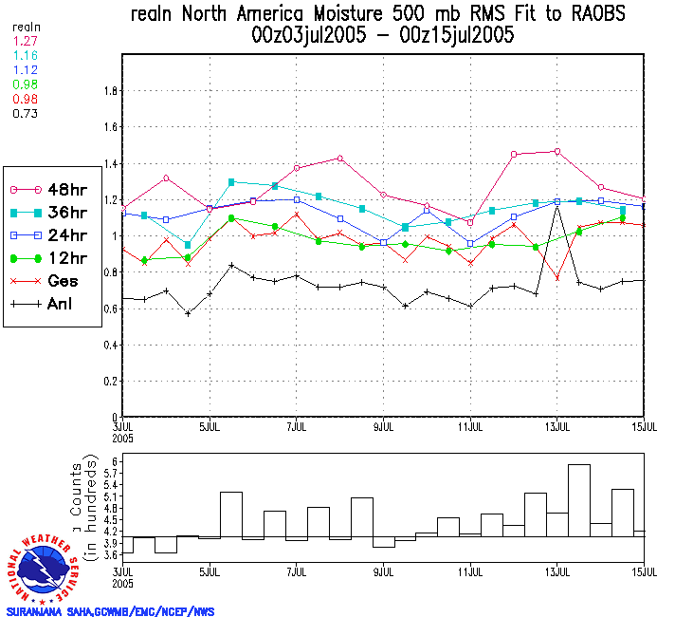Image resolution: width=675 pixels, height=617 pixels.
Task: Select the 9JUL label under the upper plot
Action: click(384, 426)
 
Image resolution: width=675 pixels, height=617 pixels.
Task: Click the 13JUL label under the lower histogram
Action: click(557, 572)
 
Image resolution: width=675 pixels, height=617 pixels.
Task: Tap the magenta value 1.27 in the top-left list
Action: click(24, 41)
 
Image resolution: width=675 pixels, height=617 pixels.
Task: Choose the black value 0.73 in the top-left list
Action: click(24, 113)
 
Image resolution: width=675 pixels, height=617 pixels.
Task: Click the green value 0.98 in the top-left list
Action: click(24, 84)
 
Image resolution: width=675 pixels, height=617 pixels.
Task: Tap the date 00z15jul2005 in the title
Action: click(459, 35)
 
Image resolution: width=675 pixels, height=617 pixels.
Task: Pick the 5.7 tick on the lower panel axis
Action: click(109, 473)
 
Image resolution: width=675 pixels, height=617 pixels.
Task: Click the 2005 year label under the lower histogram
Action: click(124, 581)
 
